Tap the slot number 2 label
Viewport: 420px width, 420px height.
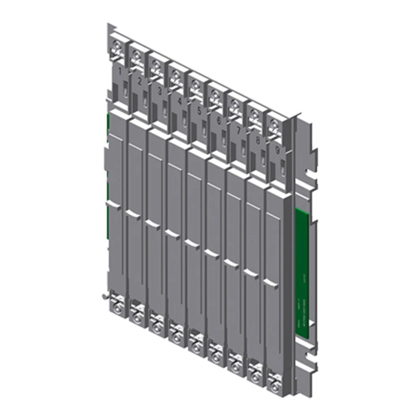140,81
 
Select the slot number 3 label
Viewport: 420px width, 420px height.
160,90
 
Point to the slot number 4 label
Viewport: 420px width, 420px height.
179,101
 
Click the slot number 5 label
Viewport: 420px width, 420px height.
199,111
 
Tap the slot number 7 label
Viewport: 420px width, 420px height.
238,130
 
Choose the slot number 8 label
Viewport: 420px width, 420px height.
257,139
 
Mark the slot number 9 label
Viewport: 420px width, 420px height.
277,149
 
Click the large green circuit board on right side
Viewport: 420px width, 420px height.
304,269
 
